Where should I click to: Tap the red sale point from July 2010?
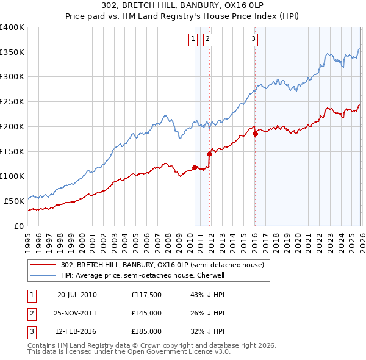(195, 167)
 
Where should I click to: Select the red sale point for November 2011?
(209, 154)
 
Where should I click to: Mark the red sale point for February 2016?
(255, 134)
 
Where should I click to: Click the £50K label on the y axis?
(15, 201)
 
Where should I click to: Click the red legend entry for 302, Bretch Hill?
(162, 265)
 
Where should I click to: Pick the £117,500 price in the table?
(146, 295)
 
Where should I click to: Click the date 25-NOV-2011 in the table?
(76, 313)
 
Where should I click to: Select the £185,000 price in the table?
(146, 331)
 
